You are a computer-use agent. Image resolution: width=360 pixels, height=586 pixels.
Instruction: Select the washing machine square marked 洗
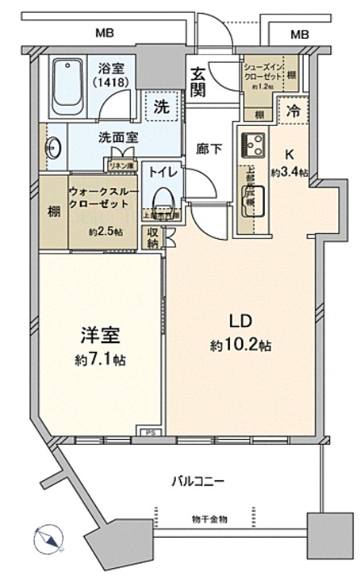[x=162, y=105]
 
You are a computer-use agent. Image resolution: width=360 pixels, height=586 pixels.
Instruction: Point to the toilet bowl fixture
[x=161, y=196]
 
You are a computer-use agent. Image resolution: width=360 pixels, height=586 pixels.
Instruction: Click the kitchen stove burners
[x=253, y=145]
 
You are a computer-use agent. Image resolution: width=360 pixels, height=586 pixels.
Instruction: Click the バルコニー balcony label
[x=197, y=482]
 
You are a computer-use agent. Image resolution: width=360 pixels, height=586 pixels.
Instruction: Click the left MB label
[x=103, y=33]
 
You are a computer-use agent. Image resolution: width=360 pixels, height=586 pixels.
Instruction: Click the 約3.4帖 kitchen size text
[x=286, y=171]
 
